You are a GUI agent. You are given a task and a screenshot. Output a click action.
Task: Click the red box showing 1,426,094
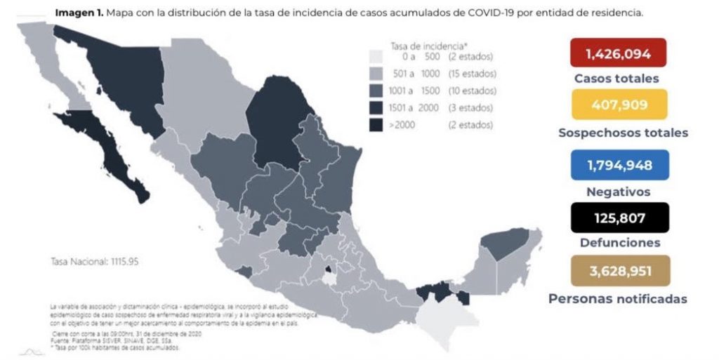(x=618, y=53)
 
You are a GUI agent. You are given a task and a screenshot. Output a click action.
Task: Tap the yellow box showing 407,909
(x=619, y=105)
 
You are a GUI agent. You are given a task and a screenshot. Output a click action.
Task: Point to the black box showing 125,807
(x=619, y=218)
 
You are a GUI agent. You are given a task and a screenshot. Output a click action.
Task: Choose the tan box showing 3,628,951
(x=619, y=271)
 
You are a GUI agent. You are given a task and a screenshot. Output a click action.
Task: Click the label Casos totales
(x=616, y=79)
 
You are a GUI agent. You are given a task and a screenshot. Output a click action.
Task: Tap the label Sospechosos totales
(x=623, y=133)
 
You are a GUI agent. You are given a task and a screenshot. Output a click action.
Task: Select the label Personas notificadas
(x=618, y=299)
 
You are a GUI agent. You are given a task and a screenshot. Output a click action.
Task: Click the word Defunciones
(x=619, y=243)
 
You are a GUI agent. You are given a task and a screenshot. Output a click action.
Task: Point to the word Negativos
(x=619, y=191)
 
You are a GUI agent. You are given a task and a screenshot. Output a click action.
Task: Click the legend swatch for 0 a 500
(x=376, y=57)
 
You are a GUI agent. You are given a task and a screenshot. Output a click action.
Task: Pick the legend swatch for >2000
(x=376, y=125)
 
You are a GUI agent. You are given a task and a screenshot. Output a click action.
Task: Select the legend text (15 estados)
(x=471, y=74)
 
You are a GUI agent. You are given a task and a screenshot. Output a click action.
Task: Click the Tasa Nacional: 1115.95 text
(x=94, y=261)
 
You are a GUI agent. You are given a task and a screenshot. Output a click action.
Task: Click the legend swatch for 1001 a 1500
(x=376, y=91)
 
